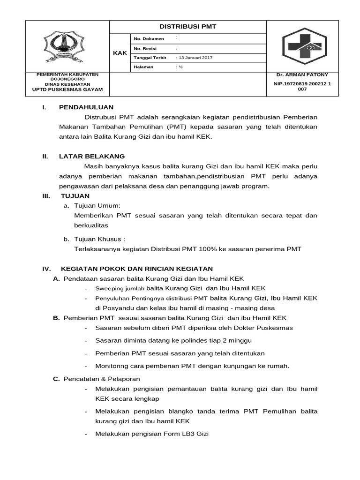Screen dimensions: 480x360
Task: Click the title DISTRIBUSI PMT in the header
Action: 188,27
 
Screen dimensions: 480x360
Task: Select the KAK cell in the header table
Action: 120,53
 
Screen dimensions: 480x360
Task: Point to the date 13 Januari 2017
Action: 195,58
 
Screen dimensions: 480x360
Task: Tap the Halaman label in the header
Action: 143,67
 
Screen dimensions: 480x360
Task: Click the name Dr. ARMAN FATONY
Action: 302,75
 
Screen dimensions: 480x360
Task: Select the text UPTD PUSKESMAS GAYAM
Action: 67,90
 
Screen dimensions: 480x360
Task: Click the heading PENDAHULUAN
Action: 86,107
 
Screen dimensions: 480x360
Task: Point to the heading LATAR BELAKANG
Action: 91,156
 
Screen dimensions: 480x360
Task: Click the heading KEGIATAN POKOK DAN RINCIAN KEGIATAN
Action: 137,269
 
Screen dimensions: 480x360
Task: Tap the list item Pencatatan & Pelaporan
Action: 102,379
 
